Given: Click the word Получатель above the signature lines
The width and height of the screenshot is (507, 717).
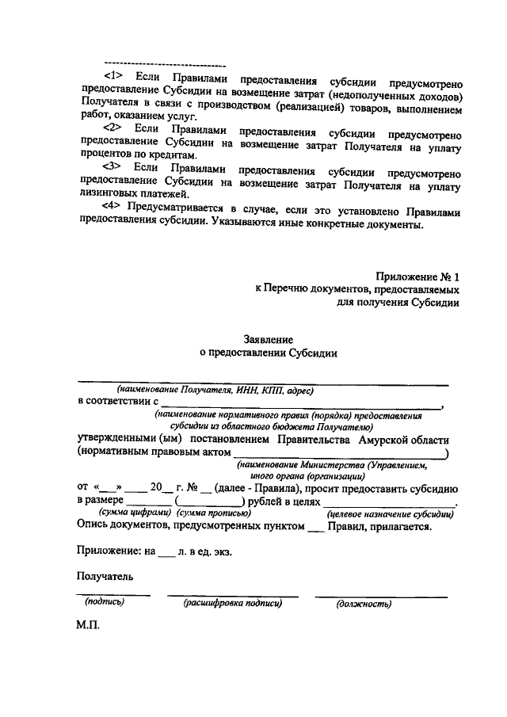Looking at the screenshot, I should pyautogui.click(x=105, y=577).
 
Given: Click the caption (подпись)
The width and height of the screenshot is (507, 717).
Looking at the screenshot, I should pyautogui.click(x=105, y=603).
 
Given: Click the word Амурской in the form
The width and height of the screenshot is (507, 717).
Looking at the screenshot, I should pyautogui.click(x=383, y=440).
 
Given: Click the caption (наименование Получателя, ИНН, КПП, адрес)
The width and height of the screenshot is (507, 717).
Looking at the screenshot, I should pyautogui.click(x=215, y=391).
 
